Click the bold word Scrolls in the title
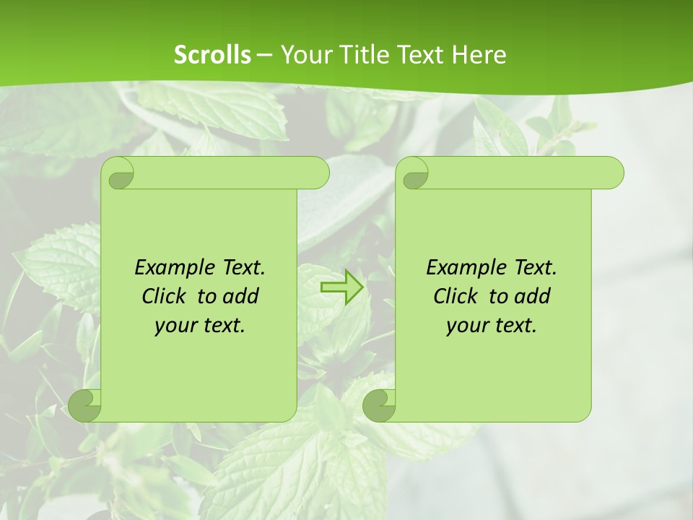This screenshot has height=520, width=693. click(212, 55)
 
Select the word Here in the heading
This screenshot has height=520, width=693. click(479, 55)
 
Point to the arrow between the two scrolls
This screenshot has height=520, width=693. click(341, 287)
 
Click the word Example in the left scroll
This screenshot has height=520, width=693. click(174, 268)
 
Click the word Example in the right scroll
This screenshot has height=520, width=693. click(466, 268)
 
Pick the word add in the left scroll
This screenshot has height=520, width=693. click(242, 297)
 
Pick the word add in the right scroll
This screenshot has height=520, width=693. click(533, 297)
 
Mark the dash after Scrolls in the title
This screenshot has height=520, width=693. click(265, 55)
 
